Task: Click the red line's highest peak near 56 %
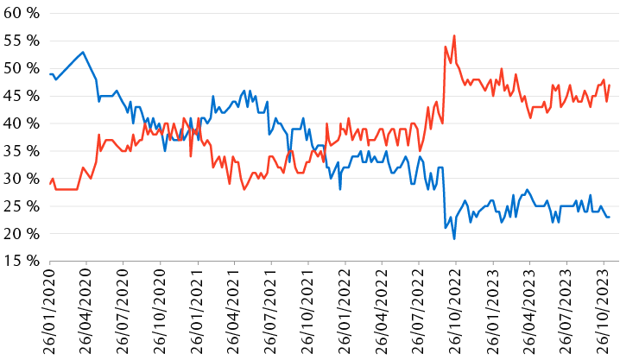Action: click(454, 35)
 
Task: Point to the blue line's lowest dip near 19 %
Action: click(454, 238)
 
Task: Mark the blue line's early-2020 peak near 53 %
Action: click(83, 52)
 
